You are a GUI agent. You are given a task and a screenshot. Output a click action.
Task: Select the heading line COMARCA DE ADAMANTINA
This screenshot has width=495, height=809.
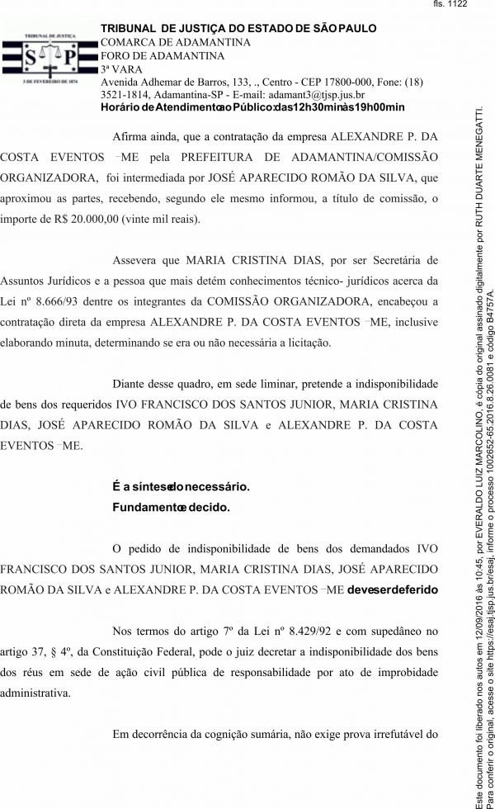click(175, 42)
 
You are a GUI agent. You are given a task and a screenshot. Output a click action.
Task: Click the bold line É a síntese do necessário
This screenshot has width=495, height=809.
click(181, 486)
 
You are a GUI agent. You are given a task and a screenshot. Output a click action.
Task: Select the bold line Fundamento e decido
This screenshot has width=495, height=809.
click(171, 507)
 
